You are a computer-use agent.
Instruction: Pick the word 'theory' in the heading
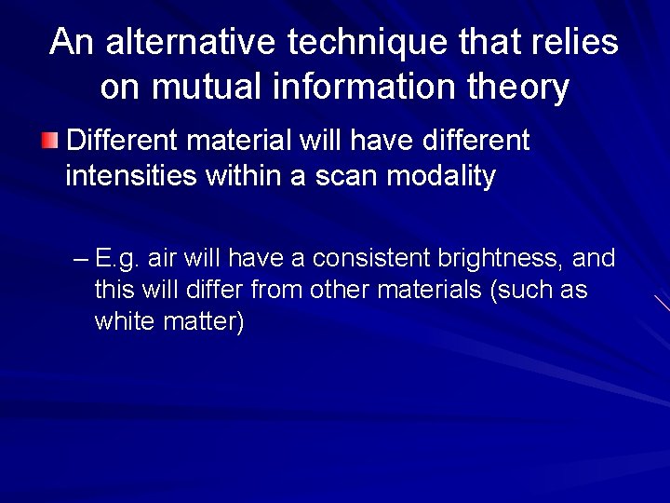point(519,88)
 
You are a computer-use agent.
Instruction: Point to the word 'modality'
point(440,175)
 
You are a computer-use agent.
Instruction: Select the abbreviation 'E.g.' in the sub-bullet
point(114,258)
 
